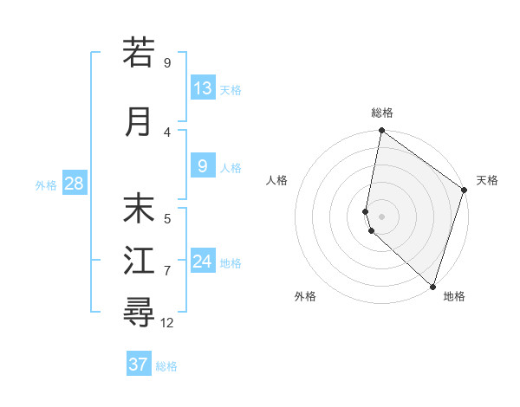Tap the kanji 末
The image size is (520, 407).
click(139, 209)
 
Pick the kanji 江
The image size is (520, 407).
click(139, 261)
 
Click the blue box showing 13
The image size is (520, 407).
click(203, 88)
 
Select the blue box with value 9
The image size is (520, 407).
click(203, 166)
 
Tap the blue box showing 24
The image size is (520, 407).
click(203, 262)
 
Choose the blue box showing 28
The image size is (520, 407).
click(74, 184)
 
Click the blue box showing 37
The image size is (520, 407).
click(139, 365)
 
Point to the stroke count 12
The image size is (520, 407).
click(167, 323)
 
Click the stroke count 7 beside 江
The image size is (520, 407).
click(167, 271)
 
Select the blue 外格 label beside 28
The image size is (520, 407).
click(46, 184)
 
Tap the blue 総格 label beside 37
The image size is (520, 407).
click(166, 366)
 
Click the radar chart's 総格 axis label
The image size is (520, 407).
click(382, 113)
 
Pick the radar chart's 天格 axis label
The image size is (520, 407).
click(487, 180)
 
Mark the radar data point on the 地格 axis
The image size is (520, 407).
click(432, 286)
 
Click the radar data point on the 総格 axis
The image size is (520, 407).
click(381, 131)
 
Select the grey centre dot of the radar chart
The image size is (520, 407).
click(381, 215)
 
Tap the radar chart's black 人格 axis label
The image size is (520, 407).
click(276, 180)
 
